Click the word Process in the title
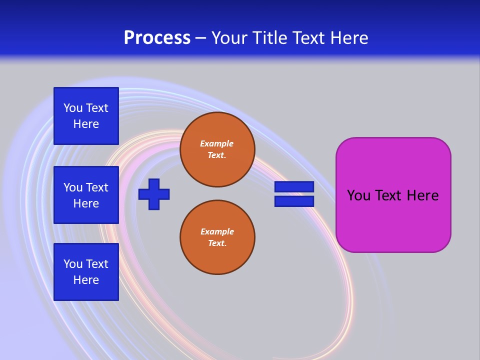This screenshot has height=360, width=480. tap(157, 38)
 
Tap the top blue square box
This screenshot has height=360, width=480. tap(86, 116)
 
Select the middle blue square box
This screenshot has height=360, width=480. tap(86, 195)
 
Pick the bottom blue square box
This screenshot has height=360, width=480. tap(86, 272)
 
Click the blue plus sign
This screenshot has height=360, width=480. tap(154, 194)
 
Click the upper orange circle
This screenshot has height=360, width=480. tap(217, 149)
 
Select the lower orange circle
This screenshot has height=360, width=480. tap(217, 237)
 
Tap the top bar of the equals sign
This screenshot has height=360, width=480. tap(294, 187)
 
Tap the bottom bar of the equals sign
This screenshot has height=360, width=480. tap(294, 201)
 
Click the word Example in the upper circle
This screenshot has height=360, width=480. tap(217, 143)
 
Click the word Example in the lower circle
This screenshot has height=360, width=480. tap(217, 231)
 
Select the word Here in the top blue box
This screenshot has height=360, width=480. tap(86, 124)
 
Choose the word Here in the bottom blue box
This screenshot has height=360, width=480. tap(86, 280)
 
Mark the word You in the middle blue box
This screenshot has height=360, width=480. tap(73, 187)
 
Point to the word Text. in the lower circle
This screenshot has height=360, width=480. tap(217, 243)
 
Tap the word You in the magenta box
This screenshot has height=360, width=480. tap(358, 195)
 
